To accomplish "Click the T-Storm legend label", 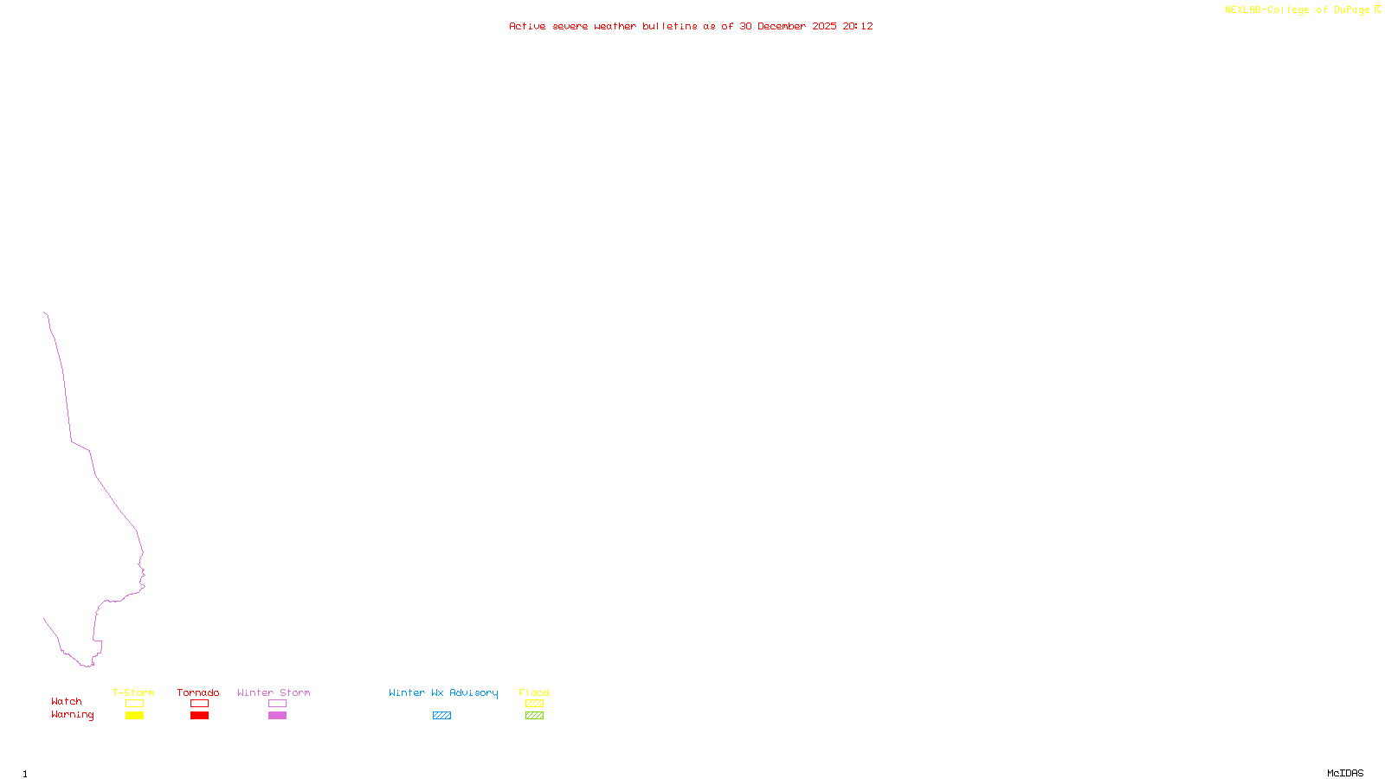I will tap(133, 692).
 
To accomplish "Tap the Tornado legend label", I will tap(198, 692).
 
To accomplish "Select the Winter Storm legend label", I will tap(274, 692).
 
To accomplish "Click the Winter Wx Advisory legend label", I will tap(443, 692).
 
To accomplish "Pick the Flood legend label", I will tap(534, 692).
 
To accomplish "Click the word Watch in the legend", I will tap(67, 701).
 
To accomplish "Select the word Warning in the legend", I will tap(73, 715).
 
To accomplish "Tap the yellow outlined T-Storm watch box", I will tap(134, 704).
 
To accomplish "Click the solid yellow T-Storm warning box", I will tap(134, 716).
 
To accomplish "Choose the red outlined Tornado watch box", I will tap(199, 704).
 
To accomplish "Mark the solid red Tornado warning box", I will tap(199, 716).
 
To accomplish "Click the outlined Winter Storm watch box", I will tap(277, 704).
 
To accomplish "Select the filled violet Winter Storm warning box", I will tap(277, 716).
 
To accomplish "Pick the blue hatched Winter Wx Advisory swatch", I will tap(441, 716).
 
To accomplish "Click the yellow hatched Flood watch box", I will tap(534, 704).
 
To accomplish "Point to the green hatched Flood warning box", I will tap(534, 716).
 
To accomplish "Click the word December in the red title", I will tap(782, 26).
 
